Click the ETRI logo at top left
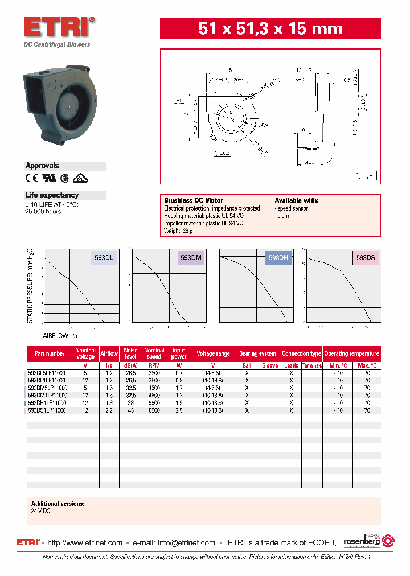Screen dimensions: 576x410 (x=59, y=27)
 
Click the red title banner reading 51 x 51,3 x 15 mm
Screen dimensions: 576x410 (x=270, y=28)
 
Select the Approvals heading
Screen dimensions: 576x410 (x=42, y=166)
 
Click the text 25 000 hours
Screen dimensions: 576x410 (x=43, y=211)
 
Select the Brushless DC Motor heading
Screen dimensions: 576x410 (x=194, y=200)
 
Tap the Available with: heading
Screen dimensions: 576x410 (x=296, y=200)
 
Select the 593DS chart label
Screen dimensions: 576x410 (x=366, y=258)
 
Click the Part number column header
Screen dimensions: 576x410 (x=50, y=353)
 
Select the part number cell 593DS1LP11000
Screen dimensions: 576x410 (x=47, y=410)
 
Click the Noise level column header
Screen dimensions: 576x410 (x=131, y=353)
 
